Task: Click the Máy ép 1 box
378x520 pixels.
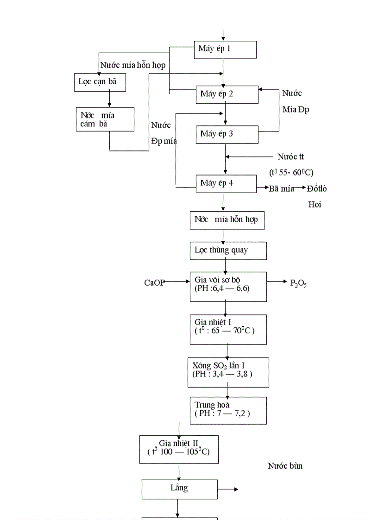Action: pyautogui.click(x=225, y=50)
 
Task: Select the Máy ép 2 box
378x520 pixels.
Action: pyautogui.click(x=227, y=94)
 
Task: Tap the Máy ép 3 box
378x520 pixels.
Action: pyautogui.click(x=227, y=134)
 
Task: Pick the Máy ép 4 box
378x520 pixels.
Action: pyautogui.click(x=226, y=183)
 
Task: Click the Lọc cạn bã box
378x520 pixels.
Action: pyautogui.click(x=100, y=82)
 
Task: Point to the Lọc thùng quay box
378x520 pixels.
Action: pyautogui.click(x=228, y=251)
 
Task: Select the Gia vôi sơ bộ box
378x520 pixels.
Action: pyautogui.click(x=228, y=286)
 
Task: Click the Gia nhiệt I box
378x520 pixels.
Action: pyautogui.click(x=228, y=329)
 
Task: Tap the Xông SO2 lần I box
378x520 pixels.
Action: pyautogui.click(x=228, y=372)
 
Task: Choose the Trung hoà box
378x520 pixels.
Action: pyautogui.click(x=228, y=410)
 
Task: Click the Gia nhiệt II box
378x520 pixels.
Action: pyautogui.click(x=179, y=449)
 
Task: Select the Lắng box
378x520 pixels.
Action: pyautogui.click(x=179, y=489)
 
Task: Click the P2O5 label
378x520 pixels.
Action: pyautogui.click(x=298, y=283)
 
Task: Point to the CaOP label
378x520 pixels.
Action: pyautogui.click(x=154, y=282)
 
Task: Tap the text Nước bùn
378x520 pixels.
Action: pyautogui.click(x=285, y=466)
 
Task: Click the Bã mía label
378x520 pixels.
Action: pyautogui.click(x=282, y=188)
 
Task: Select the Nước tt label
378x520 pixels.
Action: pyautogui.click(x=291, y=157)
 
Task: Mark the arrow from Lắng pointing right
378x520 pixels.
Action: pyautogui.click(x=228, y=489)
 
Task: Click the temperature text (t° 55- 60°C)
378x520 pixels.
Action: pyautogui.click(x=291, y=172)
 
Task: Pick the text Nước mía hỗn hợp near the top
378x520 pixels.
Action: pyautogui.click(x=133, y=65)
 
